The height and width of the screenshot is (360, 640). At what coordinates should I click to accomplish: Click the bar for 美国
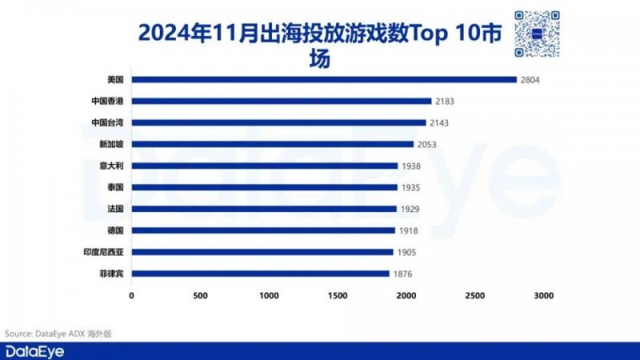(x=324, y=79)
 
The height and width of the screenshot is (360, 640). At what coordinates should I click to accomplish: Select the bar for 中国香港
(x=282, y=101)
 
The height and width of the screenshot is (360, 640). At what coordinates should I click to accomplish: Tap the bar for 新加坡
(x=272, y=144)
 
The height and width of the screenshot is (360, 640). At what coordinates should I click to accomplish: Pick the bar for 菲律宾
(x=260, y=274)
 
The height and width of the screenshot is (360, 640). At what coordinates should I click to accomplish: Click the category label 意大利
(x=114, y=166)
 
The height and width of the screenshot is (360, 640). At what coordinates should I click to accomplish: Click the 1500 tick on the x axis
(x=338, y=296)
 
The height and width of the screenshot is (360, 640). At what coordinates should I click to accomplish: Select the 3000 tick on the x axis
(x=544, y=296)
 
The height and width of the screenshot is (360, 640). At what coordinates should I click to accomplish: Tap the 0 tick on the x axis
(x=131, y=296)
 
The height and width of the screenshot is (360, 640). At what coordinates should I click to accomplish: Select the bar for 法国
(x=264, y=209)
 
